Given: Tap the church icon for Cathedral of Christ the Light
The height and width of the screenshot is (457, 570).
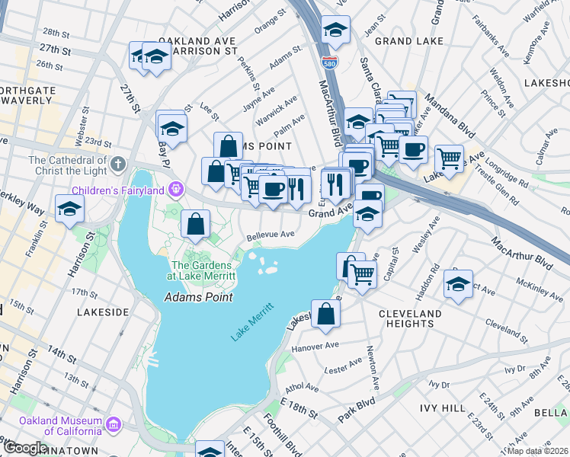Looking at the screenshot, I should tap(117, 164).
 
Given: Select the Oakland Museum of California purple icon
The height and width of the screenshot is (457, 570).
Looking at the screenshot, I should tap(113, 423).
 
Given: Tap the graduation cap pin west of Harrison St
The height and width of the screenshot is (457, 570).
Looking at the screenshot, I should tap(69, 209).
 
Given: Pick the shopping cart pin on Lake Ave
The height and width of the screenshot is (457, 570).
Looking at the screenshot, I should tap(449, 158).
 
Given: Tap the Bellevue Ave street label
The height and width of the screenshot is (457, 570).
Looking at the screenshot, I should tap(268, 235).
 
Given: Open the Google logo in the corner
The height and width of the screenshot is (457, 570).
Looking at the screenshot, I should tap(24, 448).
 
